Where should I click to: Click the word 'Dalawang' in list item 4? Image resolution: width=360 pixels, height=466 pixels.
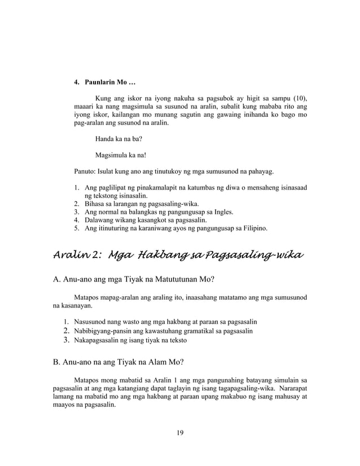pyautogui.click(x=100, y=221)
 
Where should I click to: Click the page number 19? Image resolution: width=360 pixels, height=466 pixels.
pyautogui.click(x=179, y=433)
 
